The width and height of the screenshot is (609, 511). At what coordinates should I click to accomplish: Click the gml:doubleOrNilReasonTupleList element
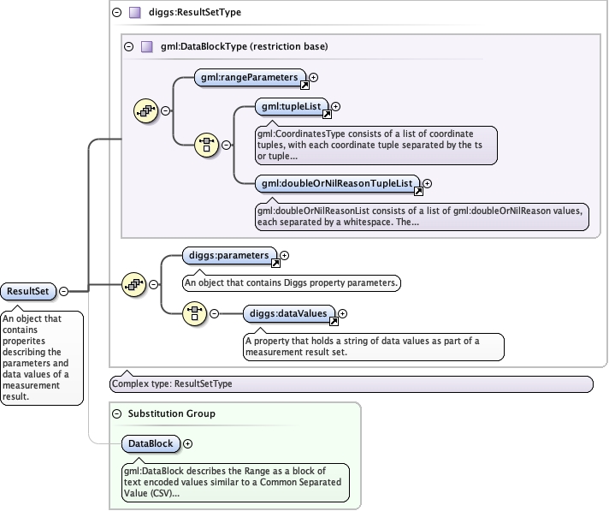(x=338, y=183)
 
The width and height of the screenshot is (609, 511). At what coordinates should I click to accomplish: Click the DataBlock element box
(x=150, y=444)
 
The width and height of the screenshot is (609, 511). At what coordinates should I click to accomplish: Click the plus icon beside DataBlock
(x=188, y=444)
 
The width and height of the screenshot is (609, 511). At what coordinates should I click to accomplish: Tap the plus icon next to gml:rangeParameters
(x=314, y=78)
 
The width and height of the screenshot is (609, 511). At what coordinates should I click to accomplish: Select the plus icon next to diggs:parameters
(x=285, y=255)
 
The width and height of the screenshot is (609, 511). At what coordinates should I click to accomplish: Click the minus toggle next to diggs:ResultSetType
(x=116, y=13)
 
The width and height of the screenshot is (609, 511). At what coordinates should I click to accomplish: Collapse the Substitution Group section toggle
(x=116, y=413)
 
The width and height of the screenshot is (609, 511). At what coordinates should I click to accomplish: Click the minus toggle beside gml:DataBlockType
(x=129, y=46)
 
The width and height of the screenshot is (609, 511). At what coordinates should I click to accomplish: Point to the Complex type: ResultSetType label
(x=171, y=384)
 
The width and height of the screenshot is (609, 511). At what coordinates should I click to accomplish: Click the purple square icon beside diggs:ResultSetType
(x=134, y=13)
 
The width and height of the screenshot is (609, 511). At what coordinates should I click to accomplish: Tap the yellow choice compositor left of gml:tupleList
(x=206, y=145)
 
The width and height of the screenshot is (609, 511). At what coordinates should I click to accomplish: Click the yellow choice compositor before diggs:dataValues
(x=194, y=314)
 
